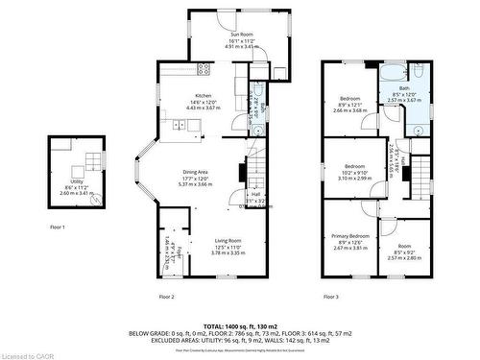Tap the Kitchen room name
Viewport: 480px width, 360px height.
tap(204, 96)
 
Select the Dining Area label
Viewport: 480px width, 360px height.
tap(196, 172)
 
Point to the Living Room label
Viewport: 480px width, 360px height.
tap(228, 240)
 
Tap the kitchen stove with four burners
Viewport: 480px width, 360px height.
tap(204, 68)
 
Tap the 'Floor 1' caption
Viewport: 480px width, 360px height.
tap(57, 227)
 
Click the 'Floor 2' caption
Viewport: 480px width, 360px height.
tap(165, 296)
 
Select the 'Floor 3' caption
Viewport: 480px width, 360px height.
tap(331, 296)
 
